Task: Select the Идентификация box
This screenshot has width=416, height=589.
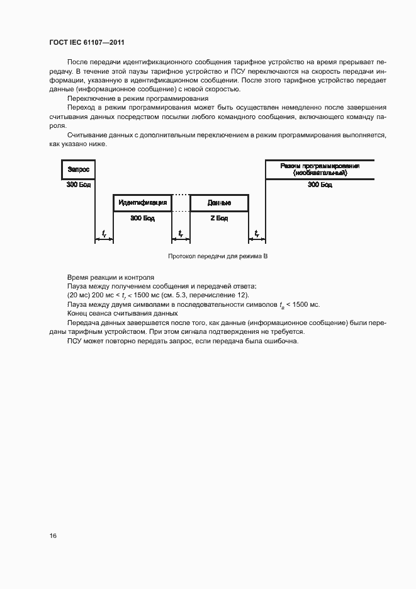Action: pyautogui.click(x=142, y=203)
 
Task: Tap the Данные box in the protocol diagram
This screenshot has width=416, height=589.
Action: pyautogui.click(x=218, y=203)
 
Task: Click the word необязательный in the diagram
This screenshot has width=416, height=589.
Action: pyautogui.click(x=320, y=173)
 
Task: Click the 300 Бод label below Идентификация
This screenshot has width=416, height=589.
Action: pyautogui.click(x=142, y=217)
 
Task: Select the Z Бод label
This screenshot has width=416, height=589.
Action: pyautogui.click(x=218, y=217)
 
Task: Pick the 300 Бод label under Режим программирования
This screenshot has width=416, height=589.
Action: pyautogui.click(x=320, y=185)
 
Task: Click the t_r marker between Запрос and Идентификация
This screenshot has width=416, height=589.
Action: pyautogui.click(x=103, y=234)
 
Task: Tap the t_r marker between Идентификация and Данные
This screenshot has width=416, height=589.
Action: pyautogui.click(x=180, y=234)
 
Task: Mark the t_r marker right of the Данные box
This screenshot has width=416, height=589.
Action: pyautogui.click(x=257, y=234)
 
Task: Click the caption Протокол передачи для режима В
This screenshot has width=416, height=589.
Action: pyautogui.click(x=218, y=257)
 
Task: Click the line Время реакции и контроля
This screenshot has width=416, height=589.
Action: pyautogui.click(x=108, y=278)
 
